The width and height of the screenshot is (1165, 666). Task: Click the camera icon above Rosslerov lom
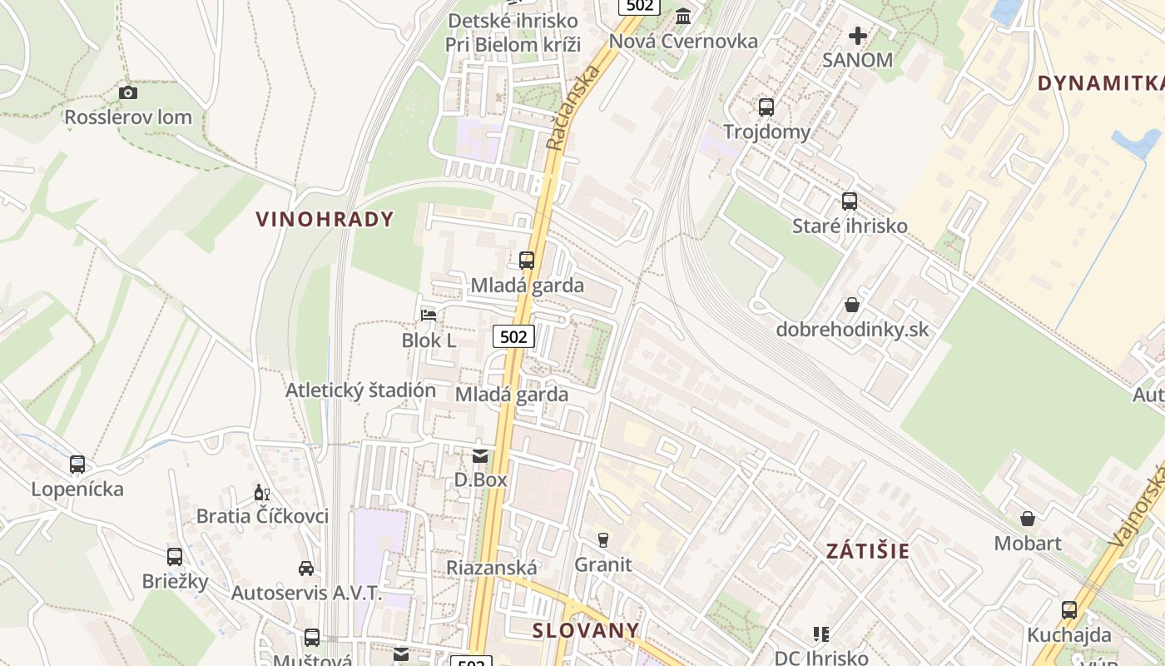128,92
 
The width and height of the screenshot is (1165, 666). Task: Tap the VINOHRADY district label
325,219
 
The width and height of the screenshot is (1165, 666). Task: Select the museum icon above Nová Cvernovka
684,17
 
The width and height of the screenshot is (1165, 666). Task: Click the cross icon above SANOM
857,36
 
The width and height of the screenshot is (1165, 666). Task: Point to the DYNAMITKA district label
1100,82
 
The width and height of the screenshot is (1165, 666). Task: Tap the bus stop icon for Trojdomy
766,107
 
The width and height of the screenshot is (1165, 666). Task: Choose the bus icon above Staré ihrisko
850,201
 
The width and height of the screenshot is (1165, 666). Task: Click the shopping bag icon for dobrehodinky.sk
852,305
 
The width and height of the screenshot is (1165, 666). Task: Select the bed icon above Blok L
429,316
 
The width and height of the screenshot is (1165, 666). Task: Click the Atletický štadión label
360,390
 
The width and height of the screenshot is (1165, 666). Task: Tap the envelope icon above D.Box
481,455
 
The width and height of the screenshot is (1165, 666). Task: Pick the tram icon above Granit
603,540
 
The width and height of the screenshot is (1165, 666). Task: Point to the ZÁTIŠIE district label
868,550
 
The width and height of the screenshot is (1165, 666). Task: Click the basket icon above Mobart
1028,519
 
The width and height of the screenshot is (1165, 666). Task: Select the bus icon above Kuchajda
1069,610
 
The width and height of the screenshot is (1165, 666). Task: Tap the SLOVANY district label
586,630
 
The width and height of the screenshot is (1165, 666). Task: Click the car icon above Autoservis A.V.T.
306,569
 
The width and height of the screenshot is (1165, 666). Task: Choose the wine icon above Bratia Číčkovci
262,492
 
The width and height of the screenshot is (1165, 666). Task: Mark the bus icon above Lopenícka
77,464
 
